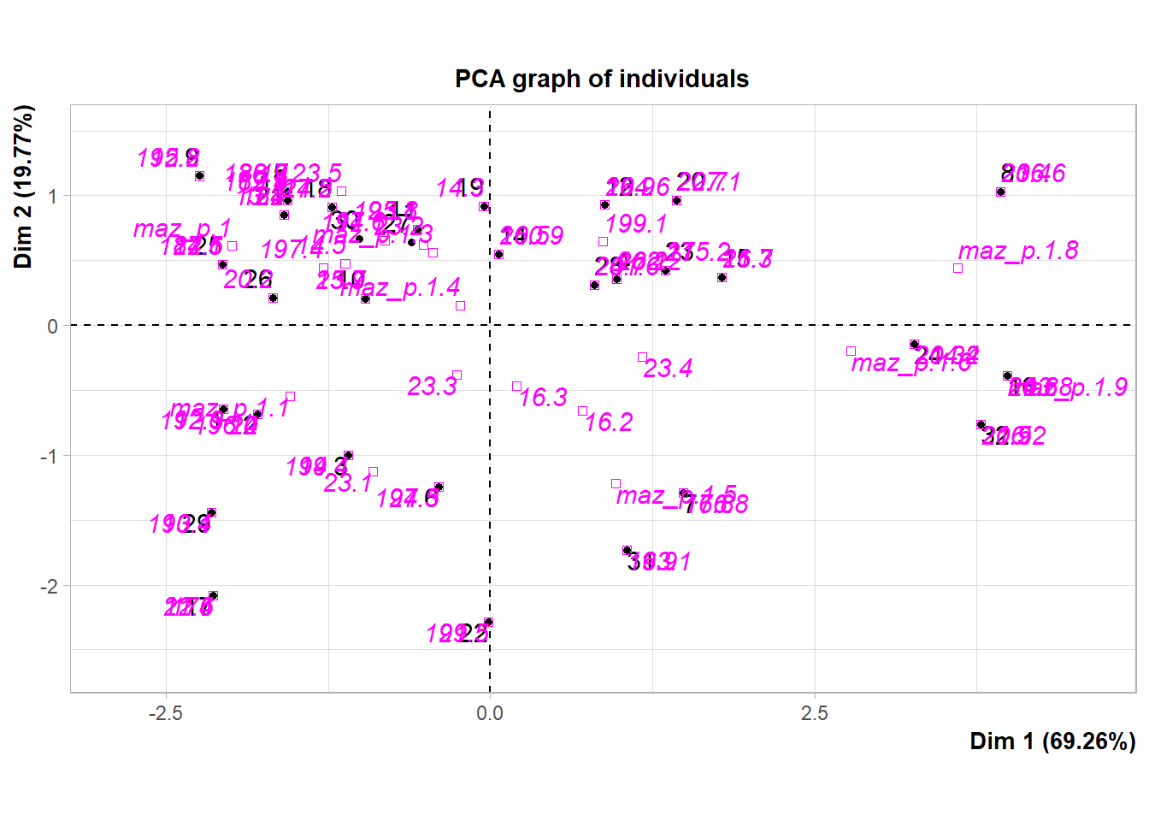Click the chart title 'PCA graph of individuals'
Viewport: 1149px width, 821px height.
pos(601,79)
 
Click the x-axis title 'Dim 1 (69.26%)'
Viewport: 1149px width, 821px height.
pos(1052,741)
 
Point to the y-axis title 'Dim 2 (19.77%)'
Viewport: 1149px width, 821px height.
pos(24,186)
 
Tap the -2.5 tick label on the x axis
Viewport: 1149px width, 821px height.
pos(165,713)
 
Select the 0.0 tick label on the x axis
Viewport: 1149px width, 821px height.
pos(490,713)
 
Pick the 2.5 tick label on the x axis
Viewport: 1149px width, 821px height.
pos(814,713)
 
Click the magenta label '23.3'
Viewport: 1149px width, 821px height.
pos(433,387)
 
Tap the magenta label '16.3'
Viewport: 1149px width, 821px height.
pos(543,398)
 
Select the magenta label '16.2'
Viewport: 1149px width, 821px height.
pos(609,422)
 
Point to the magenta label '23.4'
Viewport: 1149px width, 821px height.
pos(668,369)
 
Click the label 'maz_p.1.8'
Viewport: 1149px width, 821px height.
pos(1017,251)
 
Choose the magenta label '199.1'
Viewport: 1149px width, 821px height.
pos(636,224)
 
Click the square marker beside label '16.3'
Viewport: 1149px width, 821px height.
pos(516,387)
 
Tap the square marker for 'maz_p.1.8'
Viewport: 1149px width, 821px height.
pos(957,269)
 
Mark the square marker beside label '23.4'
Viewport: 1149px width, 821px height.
pos(642,357)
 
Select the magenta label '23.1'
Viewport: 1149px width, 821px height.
pos(348,483)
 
